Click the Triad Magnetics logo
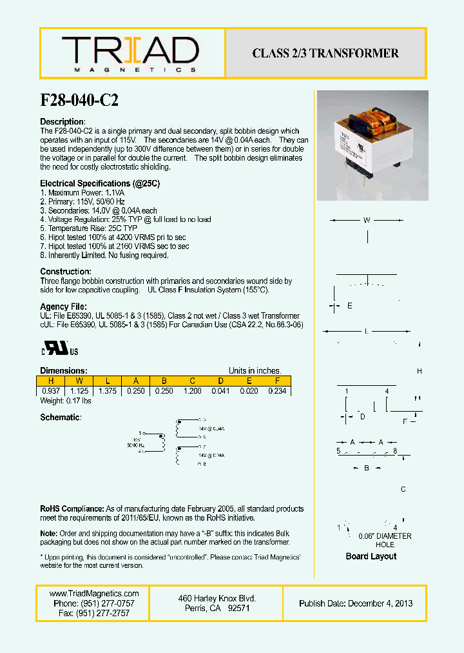[130, 54]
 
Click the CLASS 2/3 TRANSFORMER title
[325, 54]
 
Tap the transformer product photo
[372, 145]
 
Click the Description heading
[63, 122]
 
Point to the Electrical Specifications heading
[100, 183]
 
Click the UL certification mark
[60, 350]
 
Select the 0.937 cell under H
[51, 391]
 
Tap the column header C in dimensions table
[192, 381]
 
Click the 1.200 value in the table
[192, 391]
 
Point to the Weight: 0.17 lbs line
[66, 401]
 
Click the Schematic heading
[61, 417]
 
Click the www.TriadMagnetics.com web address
[94, 594]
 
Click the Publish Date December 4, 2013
[356, 603]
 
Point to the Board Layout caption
[371, 556]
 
